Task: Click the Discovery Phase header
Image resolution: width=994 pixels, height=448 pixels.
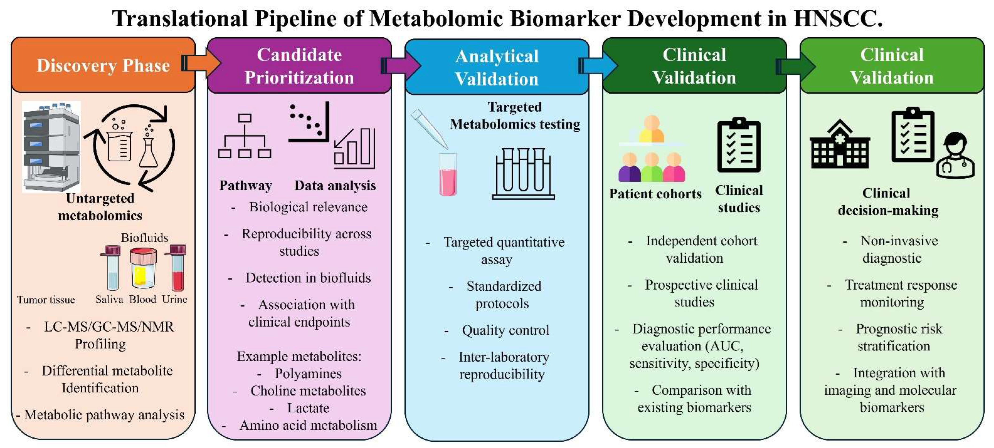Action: click(103, 65)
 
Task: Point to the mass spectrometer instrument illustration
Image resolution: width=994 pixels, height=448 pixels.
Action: click(51, 146)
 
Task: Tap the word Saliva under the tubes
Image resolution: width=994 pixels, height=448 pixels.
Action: click(109, 299)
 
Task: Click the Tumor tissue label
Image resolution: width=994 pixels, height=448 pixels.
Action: click(46, 299)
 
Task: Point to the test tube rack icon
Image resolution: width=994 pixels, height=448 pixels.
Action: click(523, 173)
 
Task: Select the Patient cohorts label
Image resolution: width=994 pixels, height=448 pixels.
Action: click(655, 194)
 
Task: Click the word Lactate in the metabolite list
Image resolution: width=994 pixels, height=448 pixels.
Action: click(308, 408)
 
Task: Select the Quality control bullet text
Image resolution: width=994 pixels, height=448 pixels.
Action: click(505, 330)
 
